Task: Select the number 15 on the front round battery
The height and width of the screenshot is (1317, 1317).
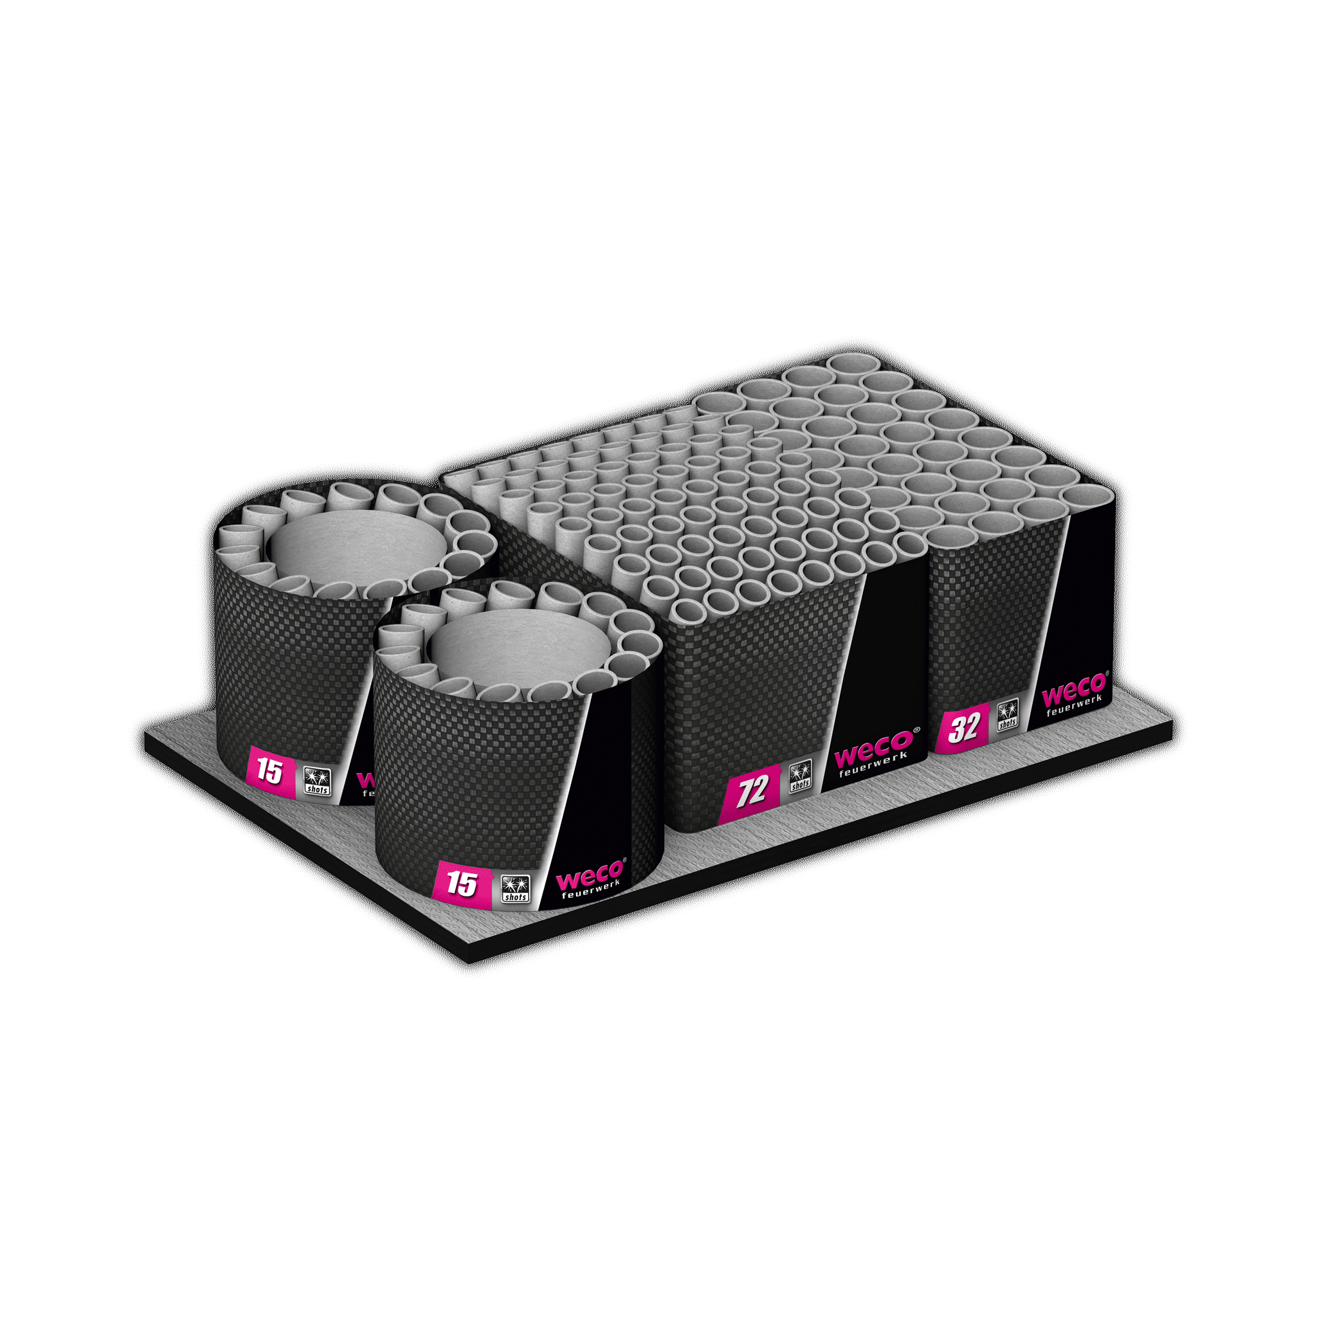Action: coord(462,884)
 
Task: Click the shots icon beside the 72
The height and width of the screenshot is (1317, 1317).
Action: coord(799,777)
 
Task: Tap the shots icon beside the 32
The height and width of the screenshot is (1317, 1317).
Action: coord(1007,715)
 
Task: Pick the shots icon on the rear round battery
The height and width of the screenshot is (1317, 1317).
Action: coord(317,781)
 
